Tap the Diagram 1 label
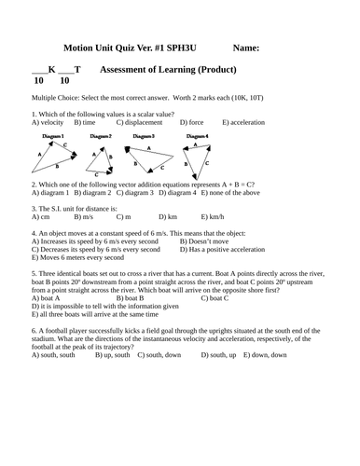click(x=52, y=136)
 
